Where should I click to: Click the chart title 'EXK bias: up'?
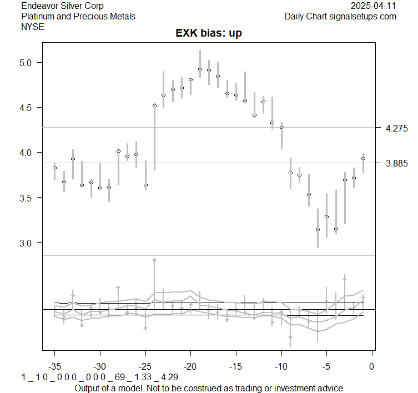coord(209,33)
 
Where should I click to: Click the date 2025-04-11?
coord(374,6)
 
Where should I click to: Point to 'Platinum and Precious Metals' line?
coord(78,16)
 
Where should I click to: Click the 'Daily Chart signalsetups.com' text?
coord(340,16)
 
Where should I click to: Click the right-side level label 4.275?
coord(396,128)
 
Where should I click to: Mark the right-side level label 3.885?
coord(396,163)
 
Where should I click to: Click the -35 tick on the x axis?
coord(54,366)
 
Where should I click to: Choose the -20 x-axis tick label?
coord(190,366)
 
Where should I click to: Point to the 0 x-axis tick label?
coord(372,366)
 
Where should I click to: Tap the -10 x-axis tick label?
coord(281,366)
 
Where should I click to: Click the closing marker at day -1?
coord(363,158)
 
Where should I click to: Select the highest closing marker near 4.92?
coord(200,69)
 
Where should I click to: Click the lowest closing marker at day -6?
coord(318,229)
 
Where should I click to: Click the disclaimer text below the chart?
coord(209,388)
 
